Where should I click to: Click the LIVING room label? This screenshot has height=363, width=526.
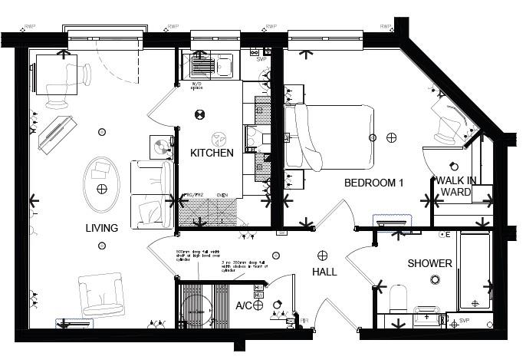click(101, 228)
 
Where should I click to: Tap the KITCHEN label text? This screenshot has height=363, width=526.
click(212, 153)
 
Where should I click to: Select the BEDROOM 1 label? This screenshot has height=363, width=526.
click(373, 183)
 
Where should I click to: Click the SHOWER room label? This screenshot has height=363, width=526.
click(429, 263)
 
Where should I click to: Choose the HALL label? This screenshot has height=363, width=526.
click(324, 272)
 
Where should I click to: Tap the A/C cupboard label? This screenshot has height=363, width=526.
click(243, 305)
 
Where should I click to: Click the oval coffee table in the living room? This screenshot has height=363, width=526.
click(101, 183)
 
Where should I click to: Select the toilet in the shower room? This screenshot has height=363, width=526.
click(397, 298)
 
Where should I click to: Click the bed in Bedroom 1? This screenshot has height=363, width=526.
click(330, 136)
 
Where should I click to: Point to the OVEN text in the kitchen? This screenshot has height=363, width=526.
click(223, 195)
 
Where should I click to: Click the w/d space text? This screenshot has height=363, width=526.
click(197, 85)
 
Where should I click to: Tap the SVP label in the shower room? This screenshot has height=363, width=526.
click(463, 320)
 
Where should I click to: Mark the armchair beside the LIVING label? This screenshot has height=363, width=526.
click(100, 295)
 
